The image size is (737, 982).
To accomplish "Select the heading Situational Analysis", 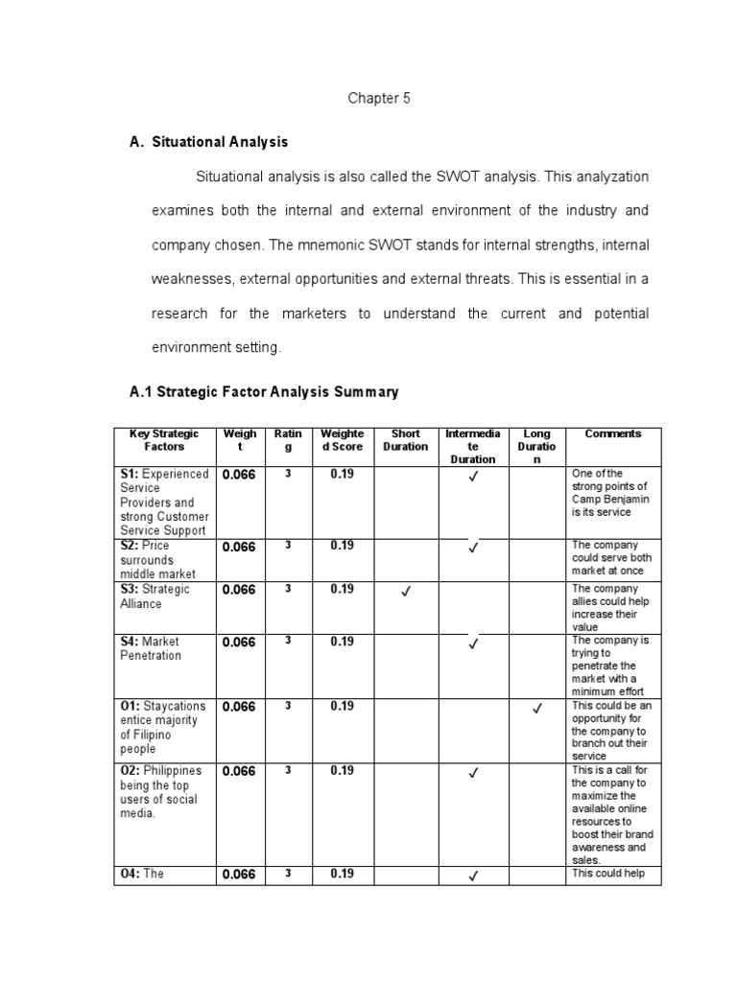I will click(220, 142).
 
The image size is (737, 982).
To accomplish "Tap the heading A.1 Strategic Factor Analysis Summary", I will click(264, 392).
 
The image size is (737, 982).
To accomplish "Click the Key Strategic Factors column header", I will click(164, 440).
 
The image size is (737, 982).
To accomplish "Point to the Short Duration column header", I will click(406, 440).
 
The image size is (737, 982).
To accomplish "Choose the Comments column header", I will click(612, 433).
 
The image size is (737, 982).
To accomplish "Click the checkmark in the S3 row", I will click(406, 592).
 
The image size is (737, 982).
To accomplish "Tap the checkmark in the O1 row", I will click(537, 709).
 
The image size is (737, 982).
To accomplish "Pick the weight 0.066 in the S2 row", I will click(239, 547).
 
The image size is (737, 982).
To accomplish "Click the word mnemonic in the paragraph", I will click(346, 245).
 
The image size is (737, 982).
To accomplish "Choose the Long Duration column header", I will click(537, 446).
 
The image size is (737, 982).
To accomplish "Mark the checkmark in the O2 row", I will click(472, 774).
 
